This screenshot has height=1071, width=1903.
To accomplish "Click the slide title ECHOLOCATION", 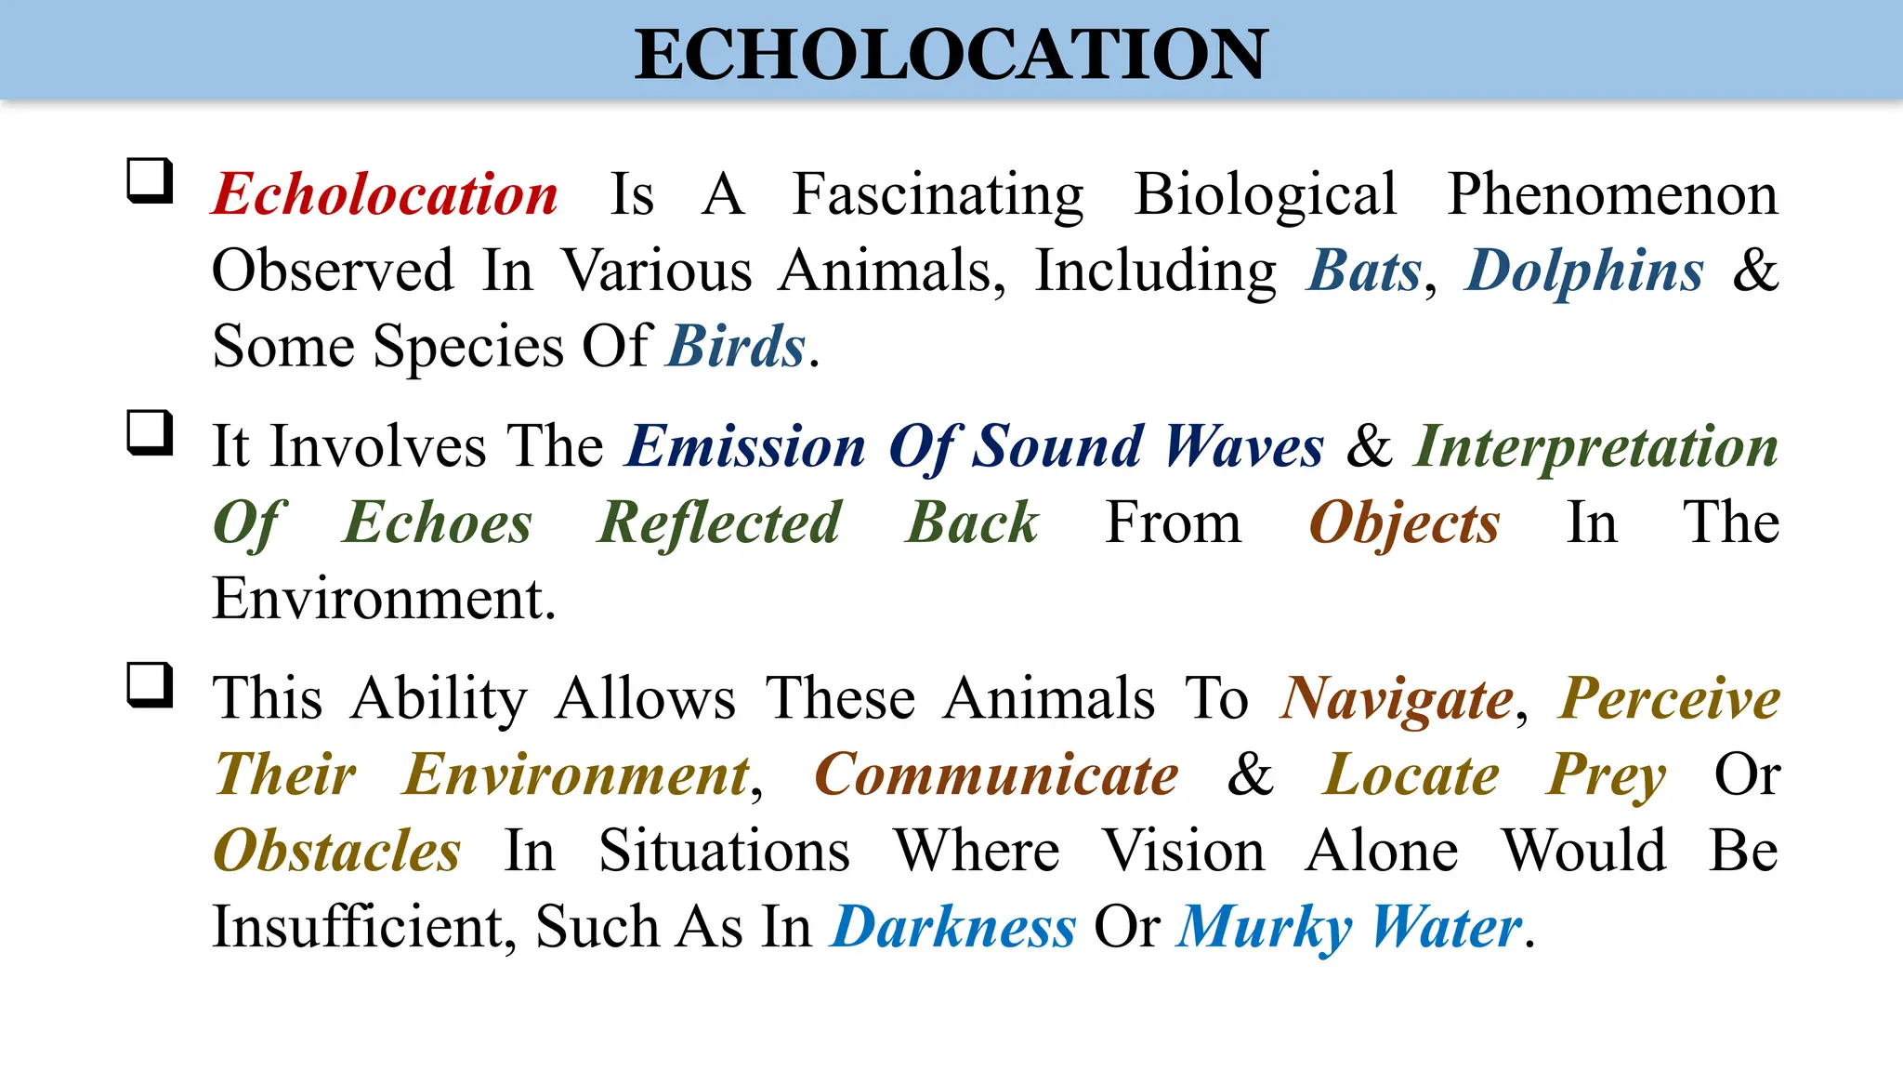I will tap(950, 54).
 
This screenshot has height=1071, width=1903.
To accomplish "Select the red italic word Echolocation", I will tap(385, 194).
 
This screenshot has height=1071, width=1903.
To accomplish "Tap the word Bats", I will tap(1364, 271).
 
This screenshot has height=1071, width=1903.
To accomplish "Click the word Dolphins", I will tap(1584, 271).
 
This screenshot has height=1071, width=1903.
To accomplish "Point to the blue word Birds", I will tap(736, 347).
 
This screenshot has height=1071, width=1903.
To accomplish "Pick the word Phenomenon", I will tap(1612, 194).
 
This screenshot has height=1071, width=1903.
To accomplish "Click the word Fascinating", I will tap(938, 194).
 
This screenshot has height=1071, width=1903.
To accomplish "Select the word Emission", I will tap(746, 446).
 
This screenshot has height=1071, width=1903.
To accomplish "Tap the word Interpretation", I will tap(1595, 446).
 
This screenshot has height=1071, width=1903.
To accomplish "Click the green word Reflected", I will tap(719, 522).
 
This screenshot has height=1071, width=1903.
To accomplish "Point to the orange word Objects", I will tap(1404, 522).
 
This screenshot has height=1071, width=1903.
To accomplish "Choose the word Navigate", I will tap(1397, 698).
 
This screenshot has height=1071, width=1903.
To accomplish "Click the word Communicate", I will tap(996, 774).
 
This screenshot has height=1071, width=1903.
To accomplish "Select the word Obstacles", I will tap(336, 851).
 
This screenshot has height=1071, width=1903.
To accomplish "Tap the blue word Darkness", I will tap(953, 927).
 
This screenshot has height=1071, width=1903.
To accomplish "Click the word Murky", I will tap(1265, 927).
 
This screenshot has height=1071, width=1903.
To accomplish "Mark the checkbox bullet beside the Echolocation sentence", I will tap(150, 180).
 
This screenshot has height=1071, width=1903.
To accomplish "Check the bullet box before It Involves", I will tap(150, 432).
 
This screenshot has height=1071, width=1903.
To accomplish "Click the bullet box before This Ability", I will tap(150, 685).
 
